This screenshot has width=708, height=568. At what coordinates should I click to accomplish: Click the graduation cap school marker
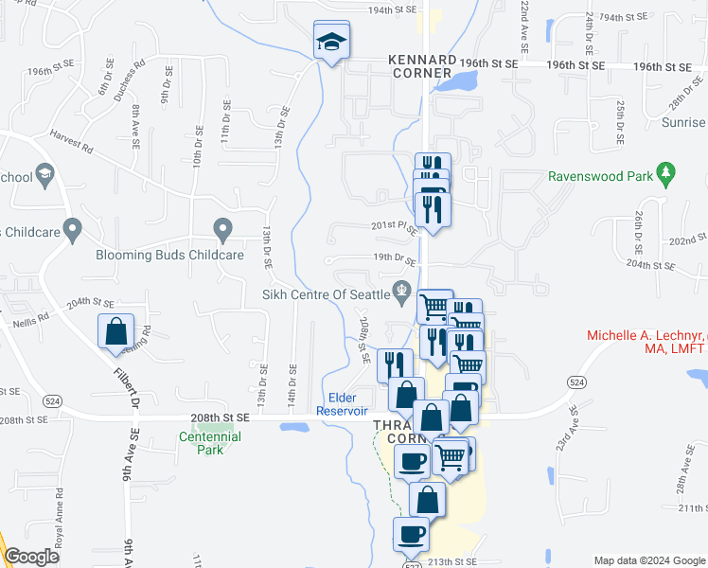[332, 41]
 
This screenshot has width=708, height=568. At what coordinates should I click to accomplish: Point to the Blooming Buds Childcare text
[170, 255]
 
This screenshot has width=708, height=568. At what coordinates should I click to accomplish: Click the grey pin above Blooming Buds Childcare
[223, 229]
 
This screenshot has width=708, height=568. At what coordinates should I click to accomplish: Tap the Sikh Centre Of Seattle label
[327, 294]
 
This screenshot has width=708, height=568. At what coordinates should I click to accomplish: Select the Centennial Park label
[210, 443]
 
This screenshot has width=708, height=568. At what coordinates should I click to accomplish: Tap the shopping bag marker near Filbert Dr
[115, 331]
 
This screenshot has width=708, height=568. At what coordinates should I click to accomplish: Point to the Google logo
[31, 557]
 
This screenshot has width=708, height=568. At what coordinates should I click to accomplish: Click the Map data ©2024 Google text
[648, 560]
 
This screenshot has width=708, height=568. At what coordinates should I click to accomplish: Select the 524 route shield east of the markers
[575, 381]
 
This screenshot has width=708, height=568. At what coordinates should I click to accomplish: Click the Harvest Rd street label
[73, 141]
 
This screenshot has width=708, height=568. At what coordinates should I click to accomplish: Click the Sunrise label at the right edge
[683, 123]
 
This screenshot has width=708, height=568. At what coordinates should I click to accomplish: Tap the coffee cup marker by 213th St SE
[412, 534]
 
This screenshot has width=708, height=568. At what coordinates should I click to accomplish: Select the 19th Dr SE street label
[394, 258]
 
